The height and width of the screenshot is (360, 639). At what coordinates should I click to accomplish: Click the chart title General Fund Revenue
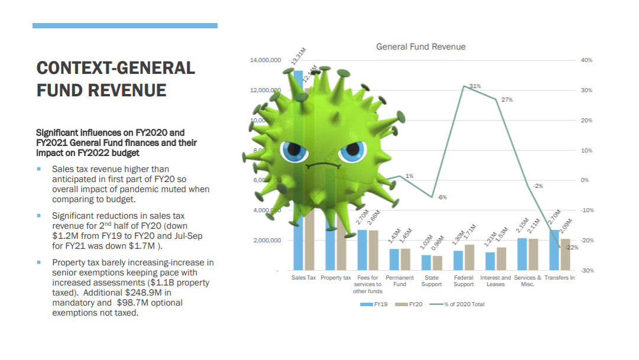click(420, 47)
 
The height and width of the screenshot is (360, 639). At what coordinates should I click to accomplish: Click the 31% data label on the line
click(475, 86)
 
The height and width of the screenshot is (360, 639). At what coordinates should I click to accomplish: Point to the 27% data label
click(507, 100)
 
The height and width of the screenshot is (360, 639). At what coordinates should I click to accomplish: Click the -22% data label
click(572, 247)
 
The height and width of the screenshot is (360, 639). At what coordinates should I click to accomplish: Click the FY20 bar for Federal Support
click(469, 257)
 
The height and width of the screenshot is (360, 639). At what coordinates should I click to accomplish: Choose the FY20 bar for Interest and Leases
click(501, 258)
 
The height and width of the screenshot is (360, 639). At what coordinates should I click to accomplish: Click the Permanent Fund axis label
click(400, 281)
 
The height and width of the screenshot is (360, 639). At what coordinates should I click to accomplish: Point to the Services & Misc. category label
click(527, 281)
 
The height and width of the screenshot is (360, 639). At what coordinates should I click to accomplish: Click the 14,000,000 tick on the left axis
click(265, 60)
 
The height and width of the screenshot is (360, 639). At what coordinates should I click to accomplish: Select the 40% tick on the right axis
click(587, 60)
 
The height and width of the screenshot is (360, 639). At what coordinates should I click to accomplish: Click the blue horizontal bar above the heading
click(125, 26)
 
